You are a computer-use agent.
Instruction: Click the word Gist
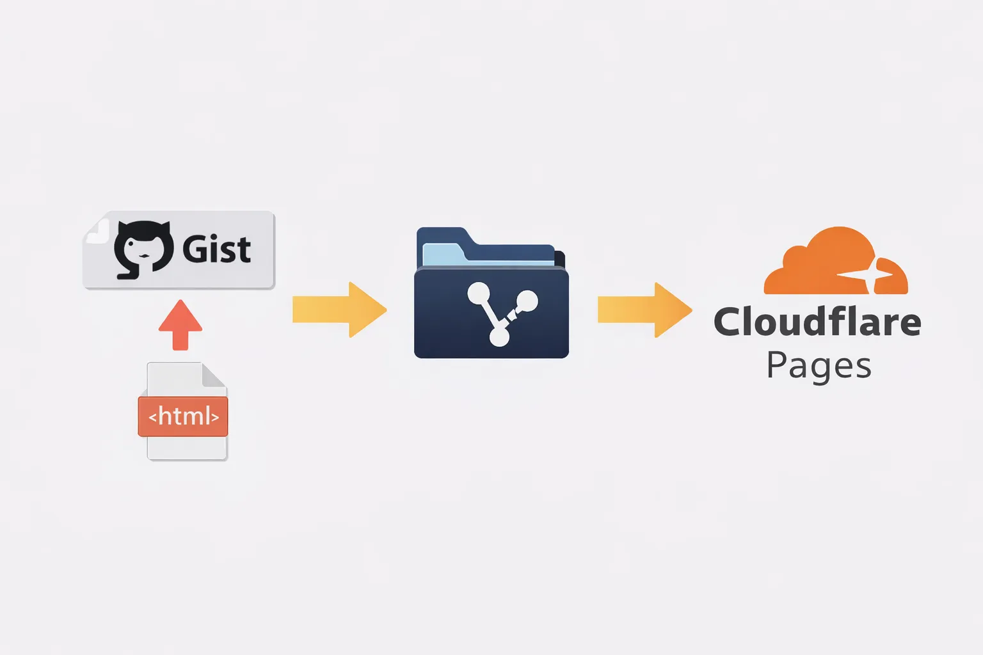pyautogui.click(x=216, y=249)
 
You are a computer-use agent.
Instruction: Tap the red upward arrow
pyautogui.click(x=180, y=324)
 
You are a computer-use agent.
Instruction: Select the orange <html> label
pyautogui.click(x=183, y=416)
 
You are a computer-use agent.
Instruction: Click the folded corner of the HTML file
pyautogui.click(x=214, y=375)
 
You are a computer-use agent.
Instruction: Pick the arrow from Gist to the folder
pyautogui.click(x=339, y=310)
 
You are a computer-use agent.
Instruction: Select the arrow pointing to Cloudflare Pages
pyautogui.click(x=644, y=310)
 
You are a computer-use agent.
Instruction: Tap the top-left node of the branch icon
pyautogui.click(x=479, y=294)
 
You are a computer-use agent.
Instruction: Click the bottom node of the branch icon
pyautogui.click(x=499, y=336)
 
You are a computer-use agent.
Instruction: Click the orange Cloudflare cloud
pyautogui.click(x=832, y=262)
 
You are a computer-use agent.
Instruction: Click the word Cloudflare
pyautogui.click(x=817, y=322)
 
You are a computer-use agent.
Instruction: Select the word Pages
pyautogui.click(x=819, y=367)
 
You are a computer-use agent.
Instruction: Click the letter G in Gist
pyautogui.click(x=195, y=249)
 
